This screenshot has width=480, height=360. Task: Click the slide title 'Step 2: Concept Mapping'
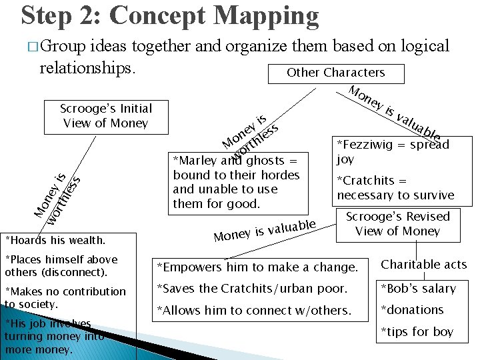pyautogui.click(x=170, y=16)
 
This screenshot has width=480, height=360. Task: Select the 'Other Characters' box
pyautogui.click(x=335, y=73)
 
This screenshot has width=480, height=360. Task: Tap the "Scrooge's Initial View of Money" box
pyautogui.click(x=106, y=115)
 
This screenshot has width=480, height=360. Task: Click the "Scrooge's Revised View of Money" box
pyautogui.click(x=397, y=223)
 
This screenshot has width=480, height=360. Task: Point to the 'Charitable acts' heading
pyautogui.click(x=423, y=265)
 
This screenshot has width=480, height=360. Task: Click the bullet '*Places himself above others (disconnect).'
pyautogui.click(x=61, y=265)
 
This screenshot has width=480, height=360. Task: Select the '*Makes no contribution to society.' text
pyautogui.click(x=65, y=297)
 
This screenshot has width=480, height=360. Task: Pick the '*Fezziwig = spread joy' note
pyautogui.click(x=393, y=151)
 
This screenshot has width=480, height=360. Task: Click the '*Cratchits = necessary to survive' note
pyautogui.click(x=395, y=188)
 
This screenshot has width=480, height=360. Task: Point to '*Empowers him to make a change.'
pyautogui.click(x=257, y=267)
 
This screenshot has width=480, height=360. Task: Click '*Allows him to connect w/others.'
pyautogui.click(x=253, y=310)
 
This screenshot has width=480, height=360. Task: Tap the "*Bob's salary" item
pyautogui.click(x=418, y=289)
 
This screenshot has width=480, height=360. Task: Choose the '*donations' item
pyautogui.click(x=411, y=310)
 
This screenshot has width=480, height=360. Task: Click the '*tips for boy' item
pyautogui.click(x=417, y=332)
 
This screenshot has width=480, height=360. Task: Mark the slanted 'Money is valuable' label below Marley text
pyautogui.click(x=264, y=229)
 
